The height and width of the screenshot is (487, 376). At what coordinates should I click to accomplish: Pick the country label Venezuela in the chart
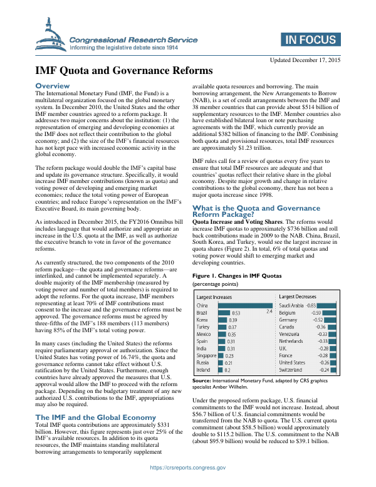[x=293, y=334]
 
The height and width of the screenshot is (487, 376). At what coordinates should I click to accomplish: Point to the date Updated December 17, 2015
[x=305, y=60]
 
